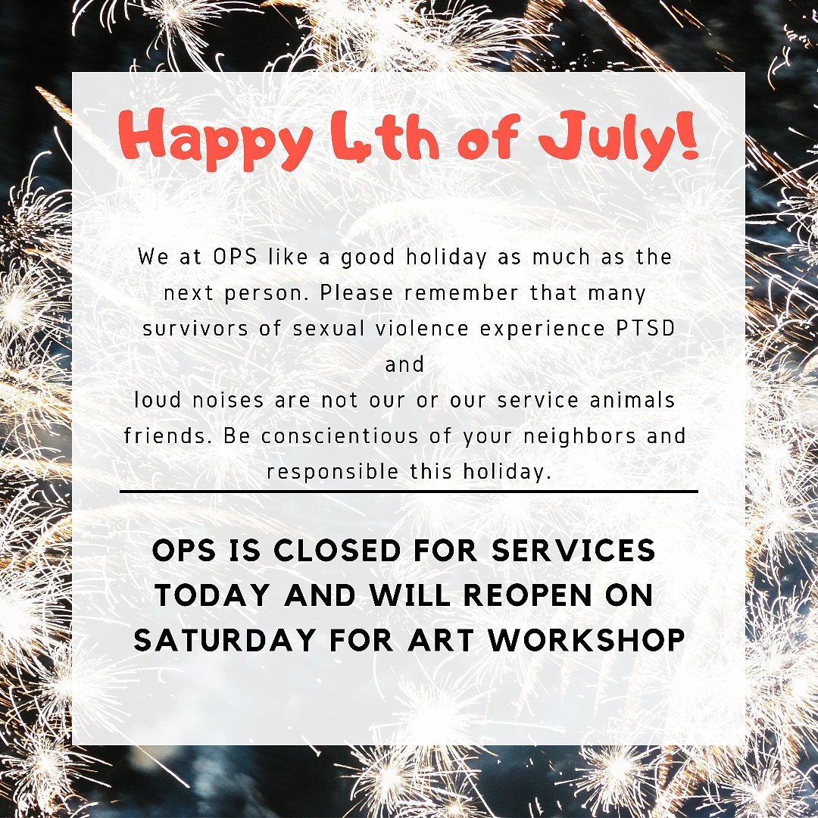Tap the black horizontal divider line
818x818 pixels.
[x=408, y=492]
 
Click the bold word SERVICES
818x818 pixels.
[x=573, y=551]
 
